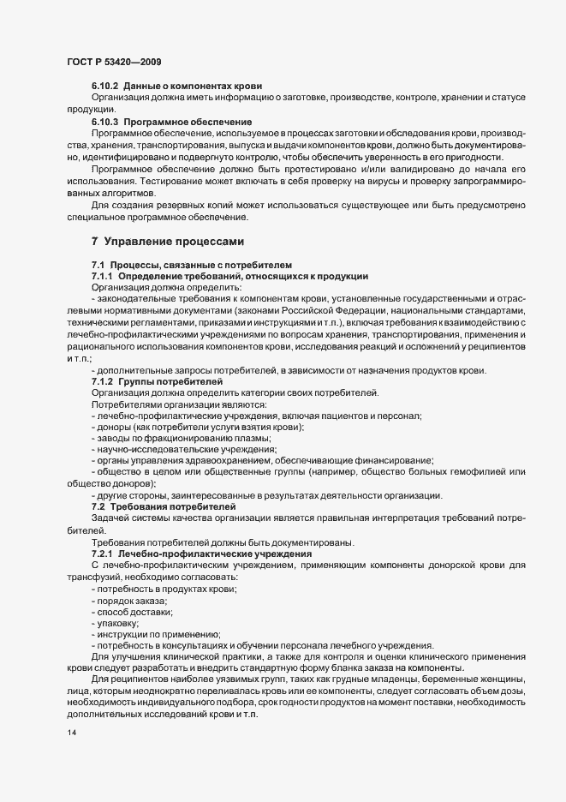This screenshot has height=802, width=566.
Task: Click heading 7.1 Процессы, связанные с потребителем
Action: point(192,266)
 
